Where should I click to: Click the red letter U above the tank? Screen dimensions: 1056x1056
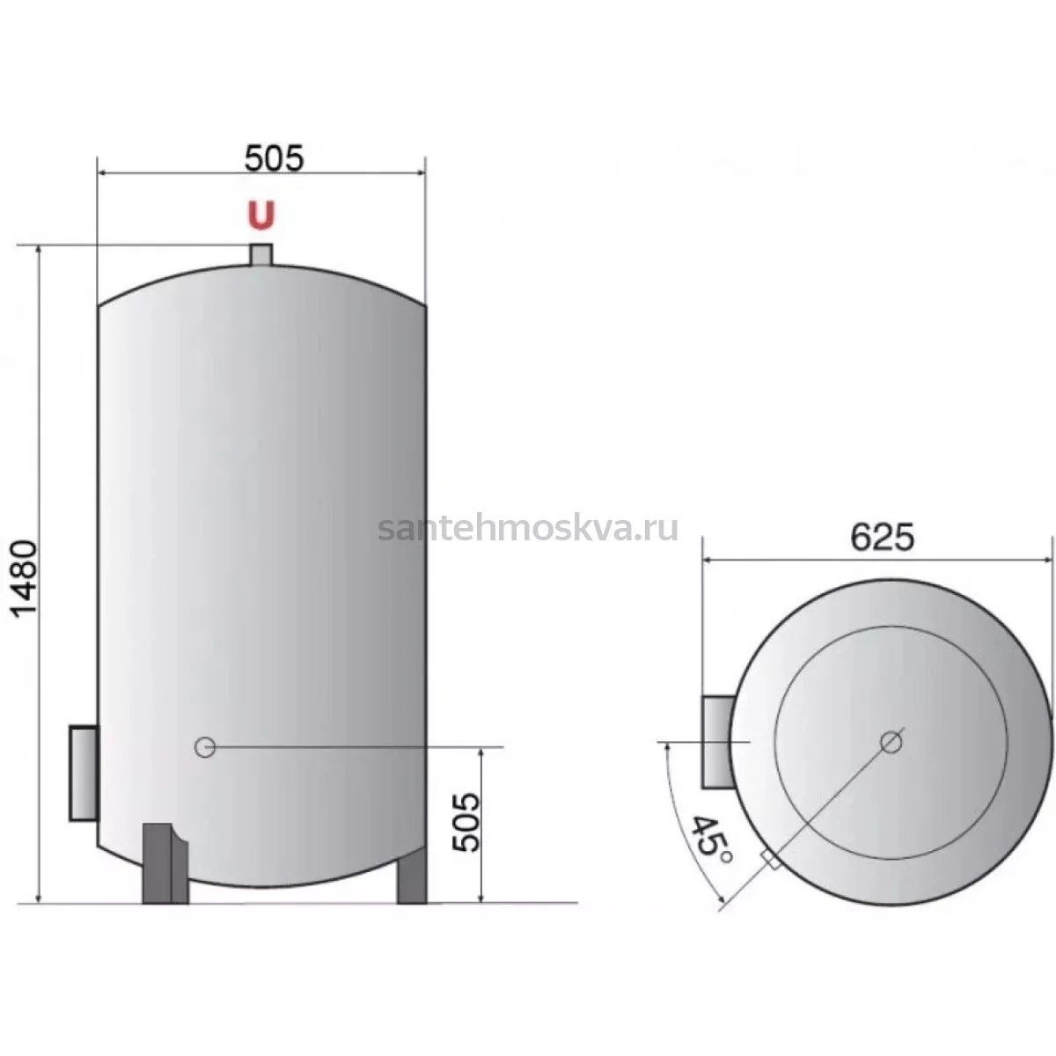pyautogui.click(x=260, y=215)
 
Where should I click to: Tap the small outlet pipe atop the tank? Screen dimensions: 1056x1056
pyautogui.click(x=260, y=255)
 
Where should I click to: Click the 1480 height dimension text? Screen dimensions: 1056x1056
pyautogui.click(x=26, y=579)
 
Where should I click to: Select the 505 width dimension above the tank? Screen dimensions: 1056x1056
pyautogui.click(x=274, y=158)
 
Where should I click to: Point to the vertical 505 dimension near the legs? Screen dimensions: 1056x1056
pyautogui.click(x=466, y=822)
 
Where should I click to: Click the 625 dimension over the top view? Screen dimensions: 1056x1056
pyautogui.click(x=883, y=538)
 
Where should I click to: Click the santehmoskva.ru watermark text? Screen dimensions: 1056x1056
pyautogui.click(x=528, y=528)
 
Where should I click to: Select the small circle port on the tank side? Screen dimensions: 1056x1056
pyautogui.click(x=205, y=747)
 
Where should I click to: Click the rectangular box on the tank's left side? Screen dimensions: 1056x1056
pyautogui.click(x=84, y=774)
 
